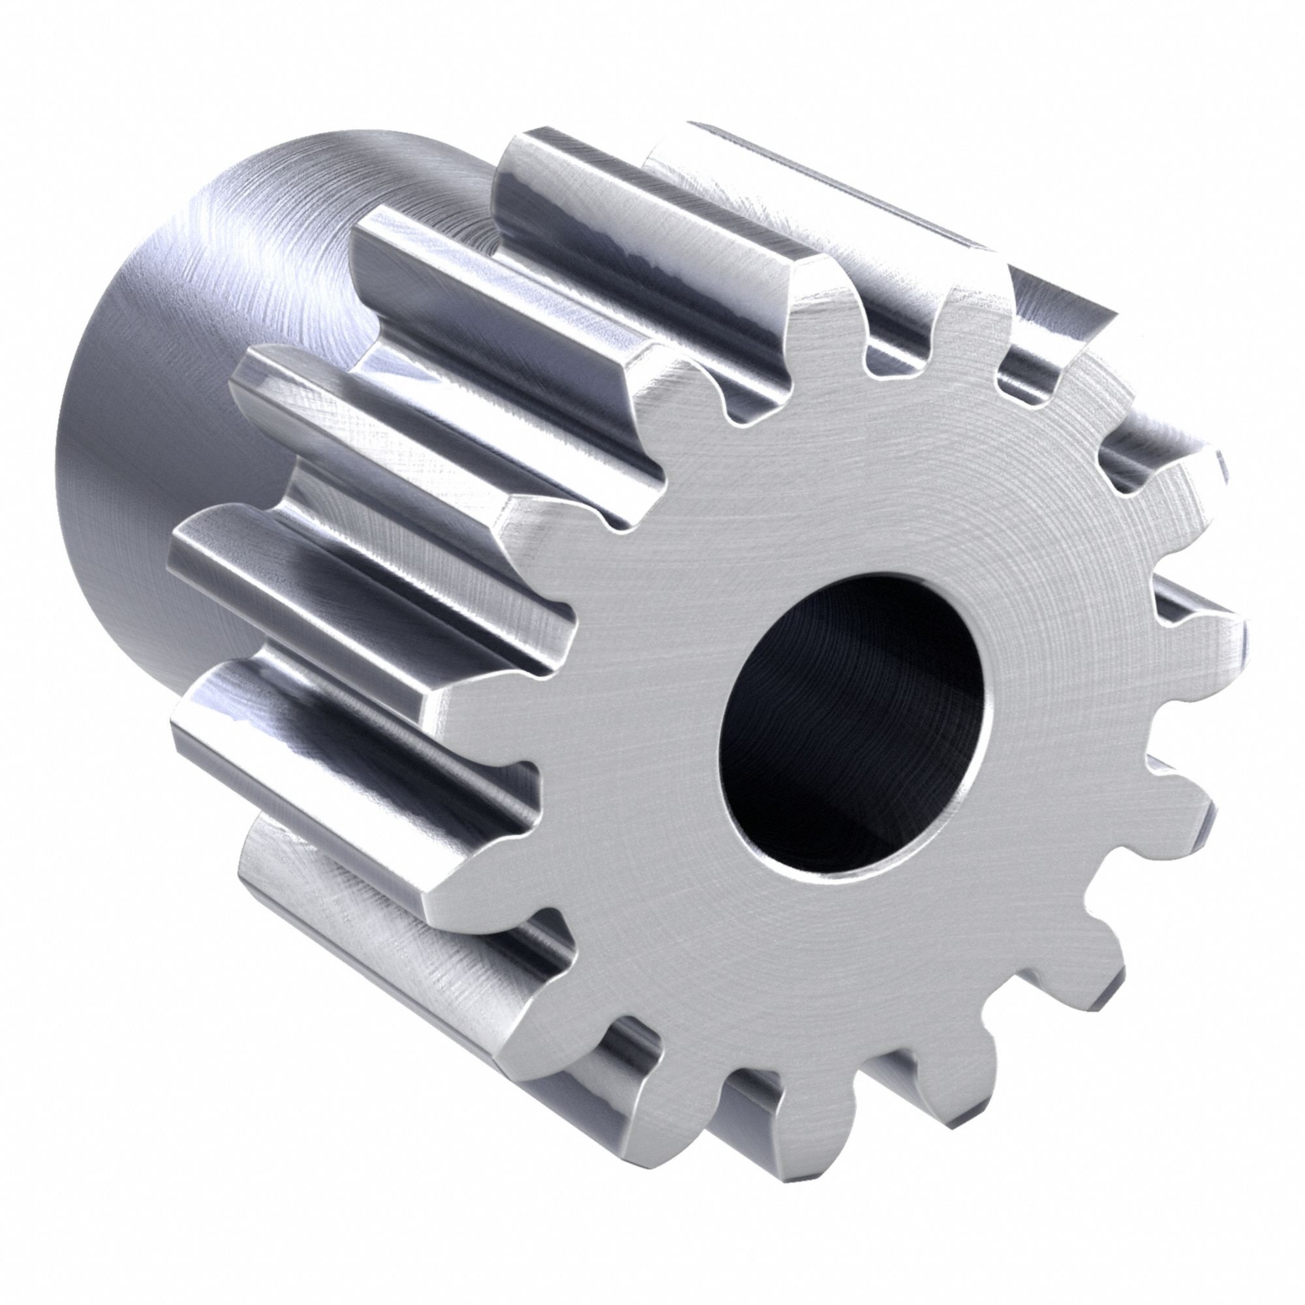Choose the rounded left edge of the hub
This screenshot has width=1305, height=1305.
click(x=68, y=473)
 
